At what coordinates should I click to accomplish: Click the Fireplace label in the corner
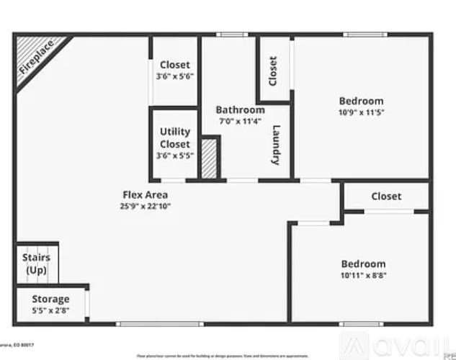37,58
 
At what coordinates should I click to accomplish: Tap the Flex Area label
145,194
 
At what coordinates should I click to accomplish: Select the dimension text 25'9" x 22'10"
145,206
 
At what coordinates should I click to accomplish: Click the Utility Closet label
175,138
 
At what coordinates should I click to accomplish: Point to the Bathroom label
240,110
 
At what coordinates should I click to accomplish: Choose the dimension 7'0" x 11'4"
240,121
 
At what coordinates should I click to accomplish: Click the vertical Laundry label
276,145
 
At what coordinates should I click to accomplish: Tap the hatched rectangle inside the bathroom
210,158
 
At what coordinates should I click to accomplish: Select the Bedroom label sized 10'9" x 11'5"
361,101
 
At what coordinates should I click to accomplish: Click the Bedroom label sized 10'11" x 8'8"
363,264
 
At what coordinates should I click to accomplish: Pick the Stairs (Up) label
36,263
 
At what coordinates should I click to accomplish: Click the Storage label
50,299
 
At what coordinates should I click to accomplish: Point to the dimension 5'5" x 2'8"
50,310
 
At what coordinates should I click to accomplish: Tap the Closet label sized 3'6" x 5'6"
175,65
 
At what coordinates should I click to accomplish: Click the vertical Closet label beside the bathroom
273,71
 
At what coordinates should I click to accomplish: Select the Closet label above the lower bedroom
386,196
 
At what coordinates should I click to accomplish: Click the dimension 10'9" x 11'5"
361,112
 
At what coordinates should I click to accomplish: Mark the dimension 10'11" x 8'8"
363,275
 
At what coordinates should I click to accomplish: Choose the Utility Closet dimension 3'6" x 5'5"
175,156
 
